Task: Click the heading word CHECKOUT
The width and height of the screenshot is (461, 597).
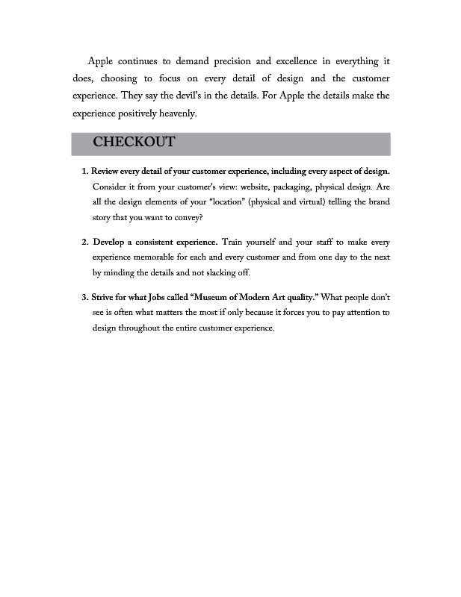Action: coord(134,143)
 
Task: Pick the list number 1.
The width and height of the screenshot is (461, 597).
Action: coord(84,171)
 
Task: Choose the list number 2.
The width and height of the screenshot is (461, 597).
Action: coord(84,243)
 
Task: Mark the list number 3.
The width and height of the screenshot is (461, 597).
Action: coord(84,298)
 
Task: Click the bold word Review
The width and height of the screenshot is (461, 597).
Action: coord(108,171)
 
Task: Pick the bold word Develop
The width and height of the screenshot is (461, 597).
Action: coord(111,243)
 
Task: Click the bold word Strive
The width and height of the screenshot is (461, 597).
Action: coord(105,298)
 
